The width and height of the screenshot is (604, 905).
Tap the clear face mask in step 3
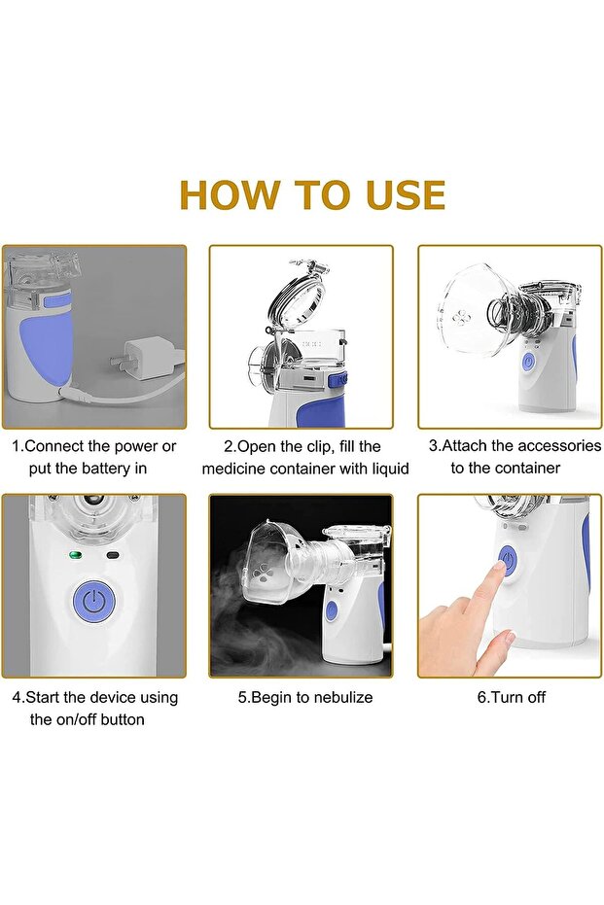click(x=473, y=310)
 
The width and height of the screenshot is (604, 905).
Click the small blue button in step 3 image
click(x=528, y=362)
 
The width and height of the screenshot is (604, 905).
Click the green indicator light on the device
click(x=74, y=556)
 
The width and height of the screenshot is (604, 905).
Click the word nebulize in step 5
click(x=340, y=697)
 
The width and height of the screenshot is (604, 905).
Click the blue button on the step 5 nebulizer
click(x=331, y=611)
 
